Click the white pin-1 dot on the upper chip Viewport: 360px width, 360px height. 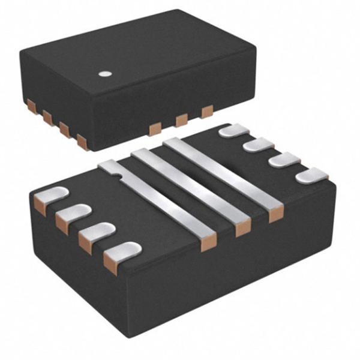tap(106, 74)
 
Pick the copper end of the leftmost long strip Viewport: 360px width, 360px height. tap(208, 243)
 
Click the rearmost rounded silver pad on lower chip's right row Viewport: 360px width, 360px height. tap(234, 130)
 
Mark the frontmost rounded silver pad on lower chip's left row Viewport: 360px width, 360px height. tap(124, 251)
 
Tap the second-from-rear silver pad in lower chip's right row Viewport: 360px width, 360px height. tap(259, 144)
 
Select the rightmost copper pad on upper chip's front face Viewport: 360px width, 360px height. tap(207, 112)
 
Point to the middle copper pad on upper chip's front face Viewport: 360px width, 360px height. tap(181, 121)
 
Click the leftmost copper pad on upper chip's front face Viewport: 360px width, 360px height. tap(155, 129)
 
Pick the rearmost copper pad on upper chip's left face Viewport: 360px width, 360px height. tap(32, 106)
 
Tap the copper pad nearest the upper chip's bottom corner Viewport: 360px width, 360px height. tap(82, 142)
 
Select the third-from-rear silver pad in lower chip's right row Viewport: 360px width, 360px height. tap(284, 159)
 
